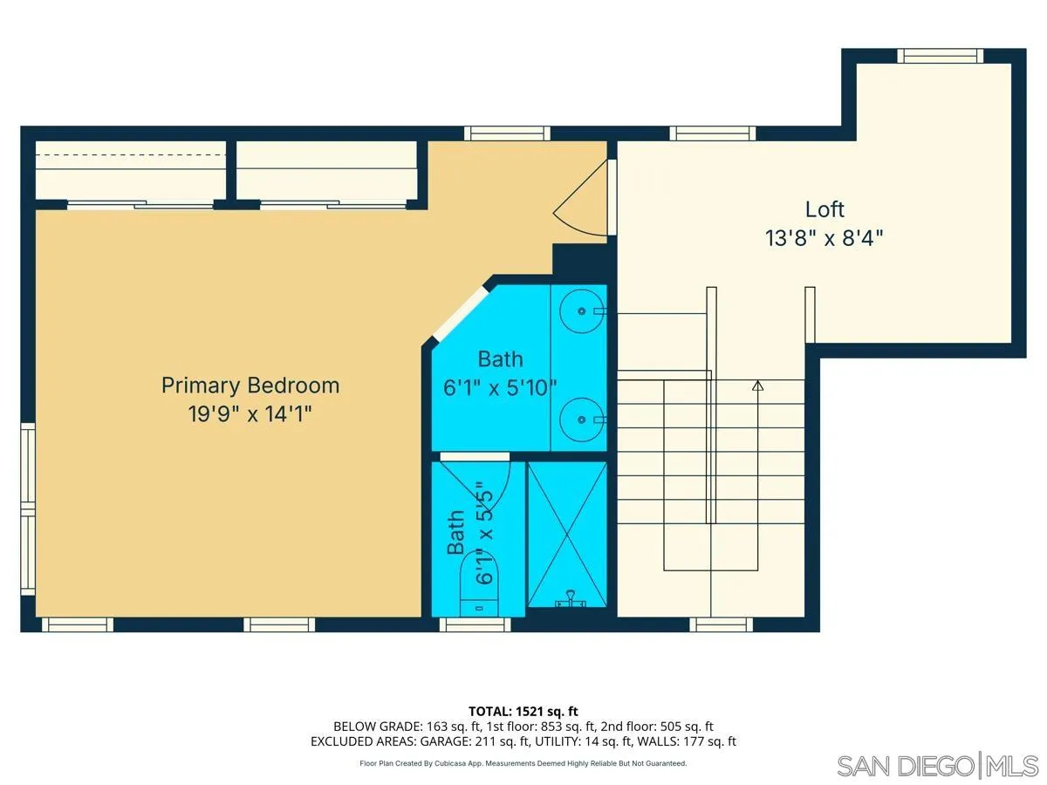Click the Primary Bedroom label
(x=250, y=385)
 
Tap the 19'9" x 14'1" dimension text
(x=250, y=413)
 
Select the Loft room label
(x=825, y=209)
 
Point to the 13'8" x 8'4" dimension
(x=825, y=238)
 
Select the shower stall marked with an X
(x=567, y=534)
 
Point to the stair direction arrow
(x=757, y=385)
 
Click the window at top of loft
(x=941, y=56)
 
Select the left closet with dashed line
(x=131, y=170)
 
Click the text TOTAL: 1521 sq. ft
(x=523, y=711)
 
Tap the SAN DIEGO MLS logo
(x=937, y=765)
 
